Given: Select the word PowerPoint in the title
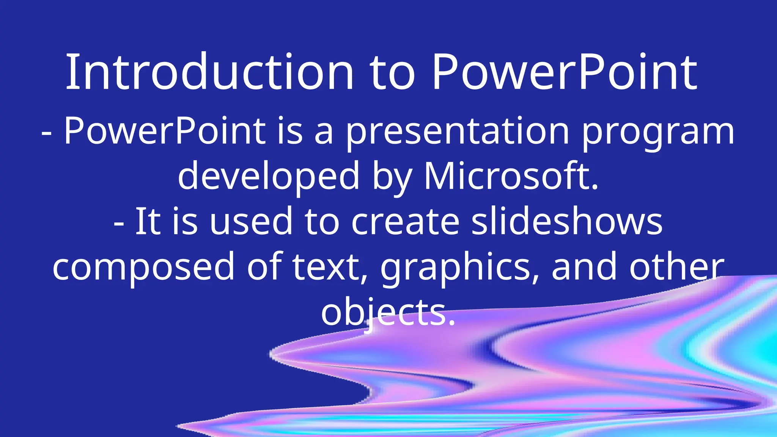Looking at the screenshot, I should tap(564, 72).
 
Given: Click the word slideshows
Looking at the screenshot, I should tap(567, 222).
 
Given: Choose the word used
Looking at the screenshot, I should tap(251, 222).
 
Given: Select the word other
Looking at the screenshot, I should tap(677, 267).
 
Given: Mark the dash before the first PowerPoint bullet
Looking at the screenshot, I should tap(47, 134).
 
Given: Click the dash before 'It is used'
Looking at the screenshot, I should tap(119, 224).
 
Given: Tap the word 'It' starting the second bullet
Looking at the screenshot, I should tap(147, 222).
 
